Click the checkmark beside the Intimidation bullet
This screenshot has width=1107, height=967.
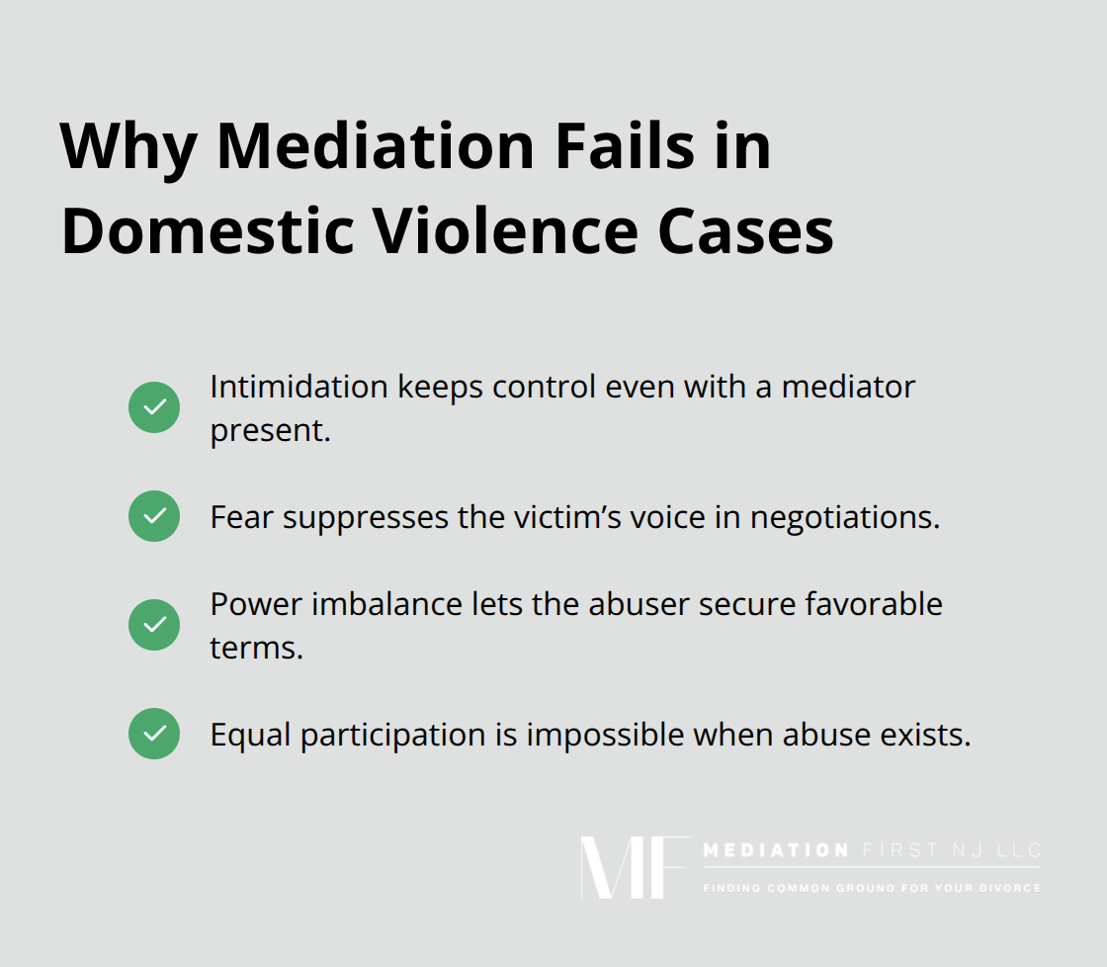click(154, 407)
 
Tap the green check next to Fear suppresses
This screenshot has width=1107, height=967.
click(154, 516)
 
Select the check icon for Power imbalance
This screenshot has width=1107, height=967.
click(154, 625)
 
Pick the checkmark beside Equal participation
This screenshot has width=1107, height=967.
click(154, 734)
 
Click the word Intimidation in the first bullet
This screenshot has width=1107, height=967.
click(298, 387)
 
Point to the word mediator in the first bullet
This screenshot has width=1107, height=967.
click(849, 387)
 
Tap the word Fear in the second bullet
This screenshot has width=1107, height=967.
click(242, 517)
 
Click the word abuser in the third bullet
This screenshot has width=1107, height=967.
click(634, 604)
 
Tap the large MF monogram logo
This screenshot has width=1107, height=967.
click(634, 868)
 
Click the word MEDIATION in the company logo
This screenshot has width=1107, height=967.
click(775, 851)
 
